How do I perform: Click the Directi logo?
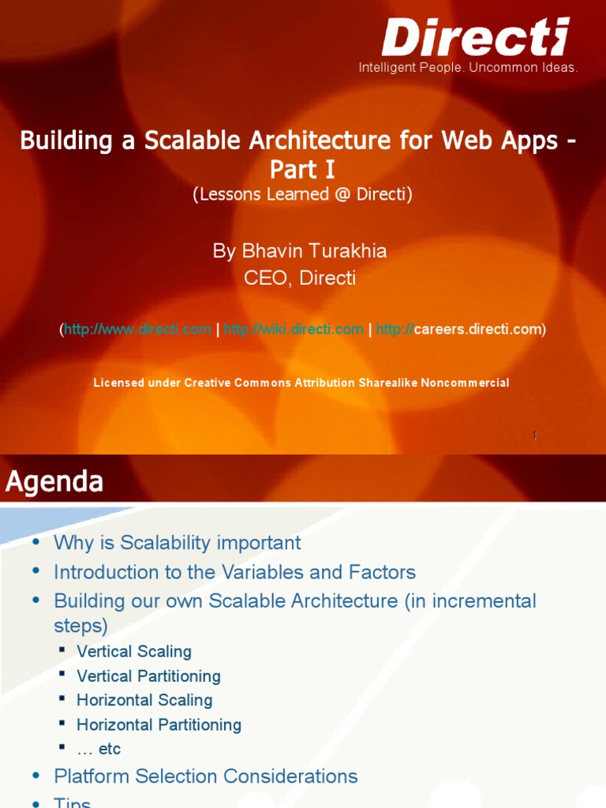point(475,37)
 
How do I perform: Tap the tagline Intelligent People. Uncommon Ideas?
point(469,68)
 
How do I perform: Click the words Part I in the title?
point(303,170)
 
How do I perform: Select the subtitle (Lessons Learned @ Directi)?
point(303,195)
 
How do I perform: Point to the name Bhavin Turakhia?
point(300,251)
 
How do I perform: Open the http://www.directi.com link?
point(137,329)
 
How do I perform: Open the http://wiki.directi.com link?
point(294,329)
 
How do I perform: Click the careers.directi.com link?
point(460,329)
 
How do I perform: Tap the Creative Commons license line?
point(301,383)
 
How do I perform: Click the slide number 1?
point(534,435)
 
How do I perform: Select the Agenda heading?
point(54,481)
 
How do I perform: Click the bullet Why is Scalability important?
point(177,543)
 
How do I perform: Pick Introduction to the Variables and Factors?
point(234,572)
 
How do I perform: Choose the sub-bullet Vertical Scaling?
point(134,652)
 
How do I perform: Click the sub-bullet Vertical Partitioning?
point(148,676)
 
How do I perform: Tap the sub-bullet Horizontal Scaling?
point(144,700)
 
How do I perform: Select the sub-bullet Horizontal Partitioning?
point(159,724)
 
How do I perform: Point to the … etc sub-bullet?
point(99,749)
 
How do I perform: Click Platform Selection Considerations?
point(205,776)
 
